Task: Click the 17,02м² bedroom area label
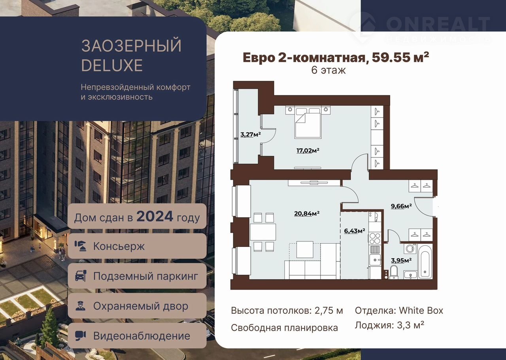308,150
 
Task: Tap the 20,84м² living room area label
307,214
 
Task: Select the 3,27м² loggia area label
251,135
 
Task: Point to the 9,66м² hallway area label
401,206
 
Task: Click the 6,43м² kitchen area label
355,231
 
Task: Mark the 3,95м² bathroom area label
401,260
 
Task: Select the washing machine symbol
410,249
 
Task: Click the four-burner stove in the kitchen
375,238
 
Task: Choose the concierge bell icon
80,246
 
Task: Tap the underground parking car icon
80,276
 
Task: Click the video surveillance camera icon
80,336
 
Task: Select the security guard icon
80,306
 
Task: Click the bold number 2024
155,216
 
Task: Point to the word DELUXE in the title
112,65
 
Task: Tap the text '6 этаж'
328,70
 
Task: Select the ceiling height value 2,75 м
329,311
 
